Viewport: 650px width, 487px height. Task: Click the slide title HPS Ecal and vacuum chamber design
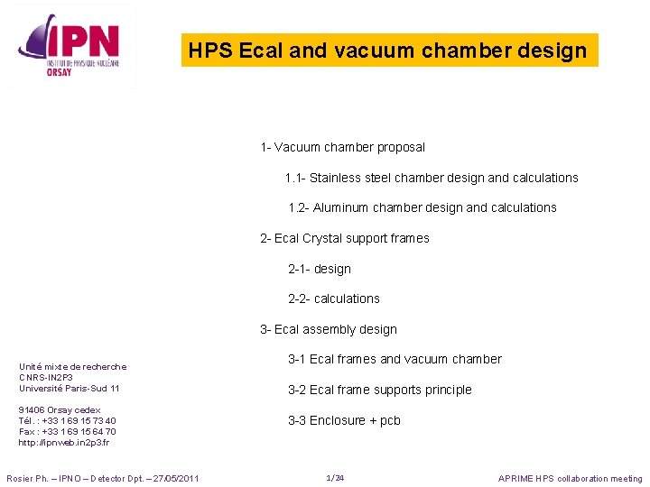388,51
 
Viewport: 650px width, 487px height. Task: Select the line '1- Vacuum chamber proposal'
342,147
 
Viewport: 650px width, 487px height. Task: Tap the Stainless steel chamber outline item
431,178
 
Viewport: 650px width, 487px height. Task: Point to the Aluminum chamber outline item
422,207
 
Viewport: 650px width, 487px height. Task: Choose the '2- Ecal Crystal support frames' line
344,238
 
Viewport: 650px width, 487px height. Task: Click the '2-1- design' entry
319,269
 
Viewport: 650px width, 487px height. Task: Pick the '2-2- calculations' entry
333,299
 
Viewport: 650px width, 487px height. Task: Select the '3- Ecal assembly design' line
328,329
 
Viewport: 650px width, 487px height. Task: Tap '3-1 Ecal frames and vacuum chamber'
394,359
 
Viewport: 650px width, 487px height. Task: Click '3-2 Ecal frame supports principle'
379,390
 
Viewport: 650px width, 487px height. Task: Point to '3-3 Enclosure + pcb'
343,420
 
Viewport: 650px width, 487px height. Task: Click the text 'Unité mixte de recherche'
72,366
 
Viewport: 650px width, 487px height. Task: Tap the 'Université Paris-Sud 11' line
69,388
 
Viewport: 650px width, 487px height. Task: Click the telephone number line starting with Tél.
67,420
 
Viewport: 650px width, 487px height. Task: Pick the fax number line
67,431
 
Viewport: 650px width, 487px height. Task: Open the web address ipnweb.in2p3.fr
63,443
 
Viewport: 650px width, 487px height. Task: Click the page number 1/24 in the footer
335,478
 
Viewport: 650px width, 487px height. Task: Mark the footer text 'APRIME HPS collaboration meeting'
571,479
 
